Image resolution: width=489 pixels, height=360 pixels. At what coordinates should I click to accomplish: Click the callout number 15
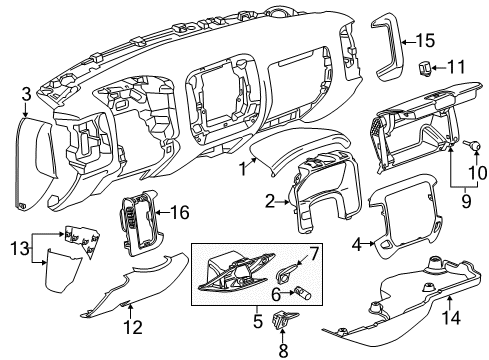[426, 41]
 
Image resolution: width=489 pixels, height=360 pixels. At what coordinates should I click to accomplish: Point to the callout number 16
[180, 212]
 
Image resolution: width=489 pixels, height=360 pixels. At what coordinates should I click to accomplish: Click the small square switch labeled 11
[425, 68]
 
